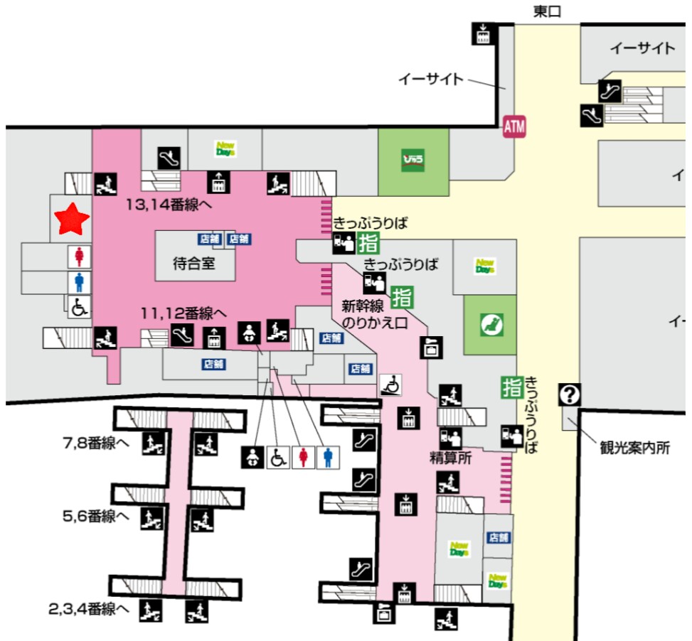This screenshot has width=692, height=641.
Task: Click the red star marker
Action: coord(73,219)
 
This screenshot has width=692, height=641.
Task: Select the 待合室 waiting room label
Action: coord(193,264)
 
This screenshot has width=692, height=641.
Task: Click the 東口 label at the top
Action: coord(547,11)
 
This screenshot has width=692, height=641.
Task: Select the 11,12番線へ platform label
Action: coord(183,313)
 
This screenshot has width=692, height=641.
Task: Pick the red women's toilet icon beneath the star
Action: coord(79,256)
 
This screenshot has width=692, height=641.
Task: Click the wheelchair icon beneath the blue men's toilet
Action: coord(79,307)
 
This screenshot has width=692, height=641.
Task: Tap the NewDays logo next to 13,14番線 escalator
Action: coord(226,149)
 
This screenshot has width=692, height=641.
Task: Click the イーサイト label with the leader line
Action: coord(430,79)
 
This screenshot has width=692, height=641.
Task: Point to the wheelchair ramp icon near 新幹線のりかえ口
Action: coord(390,384)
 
